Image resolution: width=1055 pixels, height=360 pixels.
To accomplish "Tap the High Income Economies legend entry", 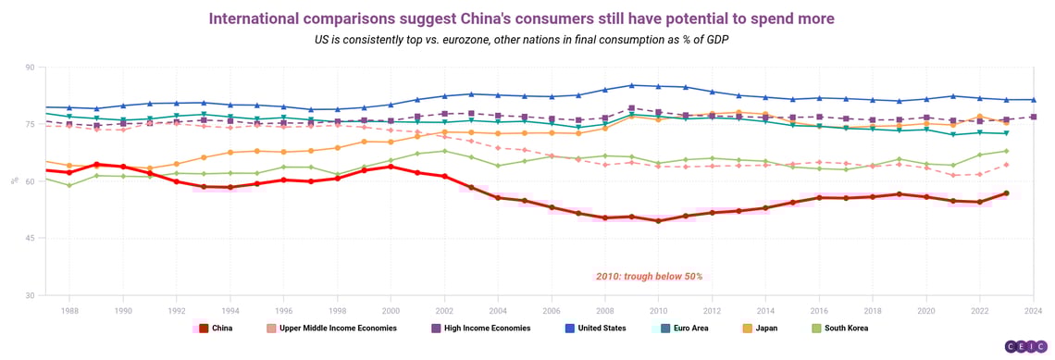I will [478, 328].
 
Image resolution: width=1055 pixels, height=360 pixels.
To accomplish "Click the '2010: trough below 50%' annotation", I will [648, 276].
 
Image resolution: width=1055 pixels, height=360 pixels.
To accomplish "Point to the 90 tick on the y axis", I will [29, 68].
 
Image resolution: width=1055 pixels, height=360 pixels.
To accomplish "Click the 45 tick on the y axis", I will [29, 239].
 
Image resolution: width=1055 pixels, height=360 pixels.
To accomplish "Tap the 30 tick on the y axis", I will [29, 295].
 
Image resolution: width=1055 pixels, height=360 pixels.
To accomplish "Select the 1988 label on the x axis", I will [69, 312].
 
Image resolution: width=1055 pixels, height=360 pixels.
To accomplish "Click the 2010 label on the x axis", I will [658, 312].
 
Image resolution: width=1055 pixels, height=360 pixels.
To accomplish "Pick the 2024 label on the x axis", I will [1033, 312].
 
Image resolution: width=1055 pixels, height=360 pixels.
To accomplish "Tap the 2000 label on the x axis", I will [391, 312].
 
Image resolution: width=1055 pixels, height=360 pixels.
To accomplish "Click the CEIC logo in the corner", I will [1024, 345].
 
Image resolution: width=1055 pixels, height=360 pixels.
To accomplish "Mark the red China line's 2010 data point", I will [658, 221].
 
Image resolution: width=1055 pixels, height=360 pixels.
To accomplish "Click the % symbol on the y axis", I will [13, 181].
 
